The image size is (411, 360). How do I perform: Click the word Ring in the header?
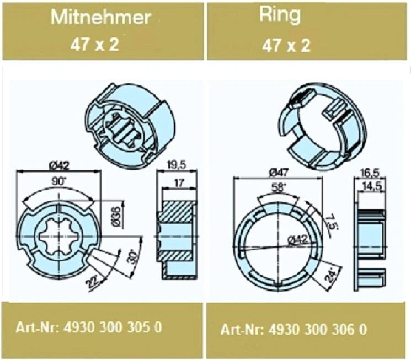click(281, 15)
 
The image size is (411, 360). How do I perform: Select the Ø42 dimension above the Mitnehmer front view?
click(59, 165)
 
